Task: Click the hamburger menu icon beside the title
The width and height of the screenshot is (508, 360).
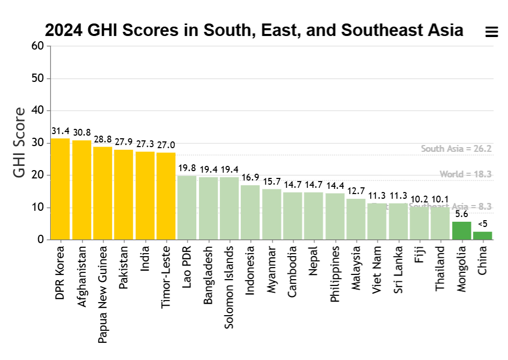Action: (x=491, y=32)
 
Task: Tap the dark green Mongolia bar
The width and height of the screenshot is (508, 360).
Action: (x=462, y=231)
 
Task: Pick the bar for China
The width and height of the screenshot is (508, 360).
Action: (x=482, y=236)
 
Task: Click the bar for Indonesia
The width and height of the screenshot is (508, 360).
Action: (x=250, y=212)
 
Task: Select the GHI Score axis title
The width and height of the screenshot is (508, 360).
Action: (x=19, y=142)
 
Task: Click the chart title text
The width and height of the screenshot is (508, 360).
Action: (x=254, y=30)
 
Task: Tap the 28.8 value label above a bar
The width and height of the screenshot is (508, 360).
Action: (x=102, y=139)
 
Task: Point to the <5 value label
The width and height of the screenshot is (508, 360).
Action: (x=482, y=224)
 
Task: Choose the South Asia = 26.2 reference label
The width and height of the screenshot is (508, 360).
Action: (x=456, y=149)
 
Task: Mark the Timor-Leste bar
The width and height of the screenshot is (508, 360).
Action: (x=166, y=196)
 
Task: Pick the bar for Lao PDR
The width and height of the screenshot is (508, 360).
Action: (x=187, y=208)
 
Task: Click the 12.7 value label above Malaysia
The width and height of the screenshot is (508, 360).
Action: (x=356, y=191)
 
